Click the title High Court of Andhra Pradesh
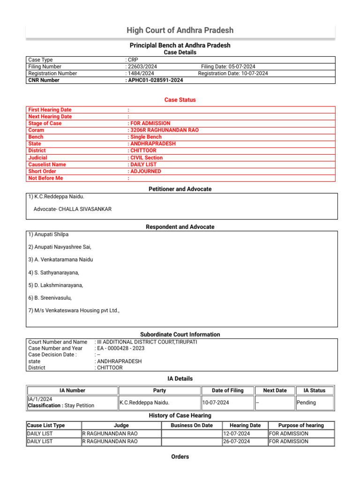180,30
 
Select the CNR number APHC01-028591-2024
155,80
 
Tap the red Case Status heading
180,100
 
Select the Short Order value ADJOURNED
145,172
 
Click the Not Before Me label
45,178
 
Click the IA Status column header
315,390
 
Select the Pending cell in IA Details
307,402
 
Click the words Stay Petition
79,405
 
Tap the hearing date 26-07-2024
237,441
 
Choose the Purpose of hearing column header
301,426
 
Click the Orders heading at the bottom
180,457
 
